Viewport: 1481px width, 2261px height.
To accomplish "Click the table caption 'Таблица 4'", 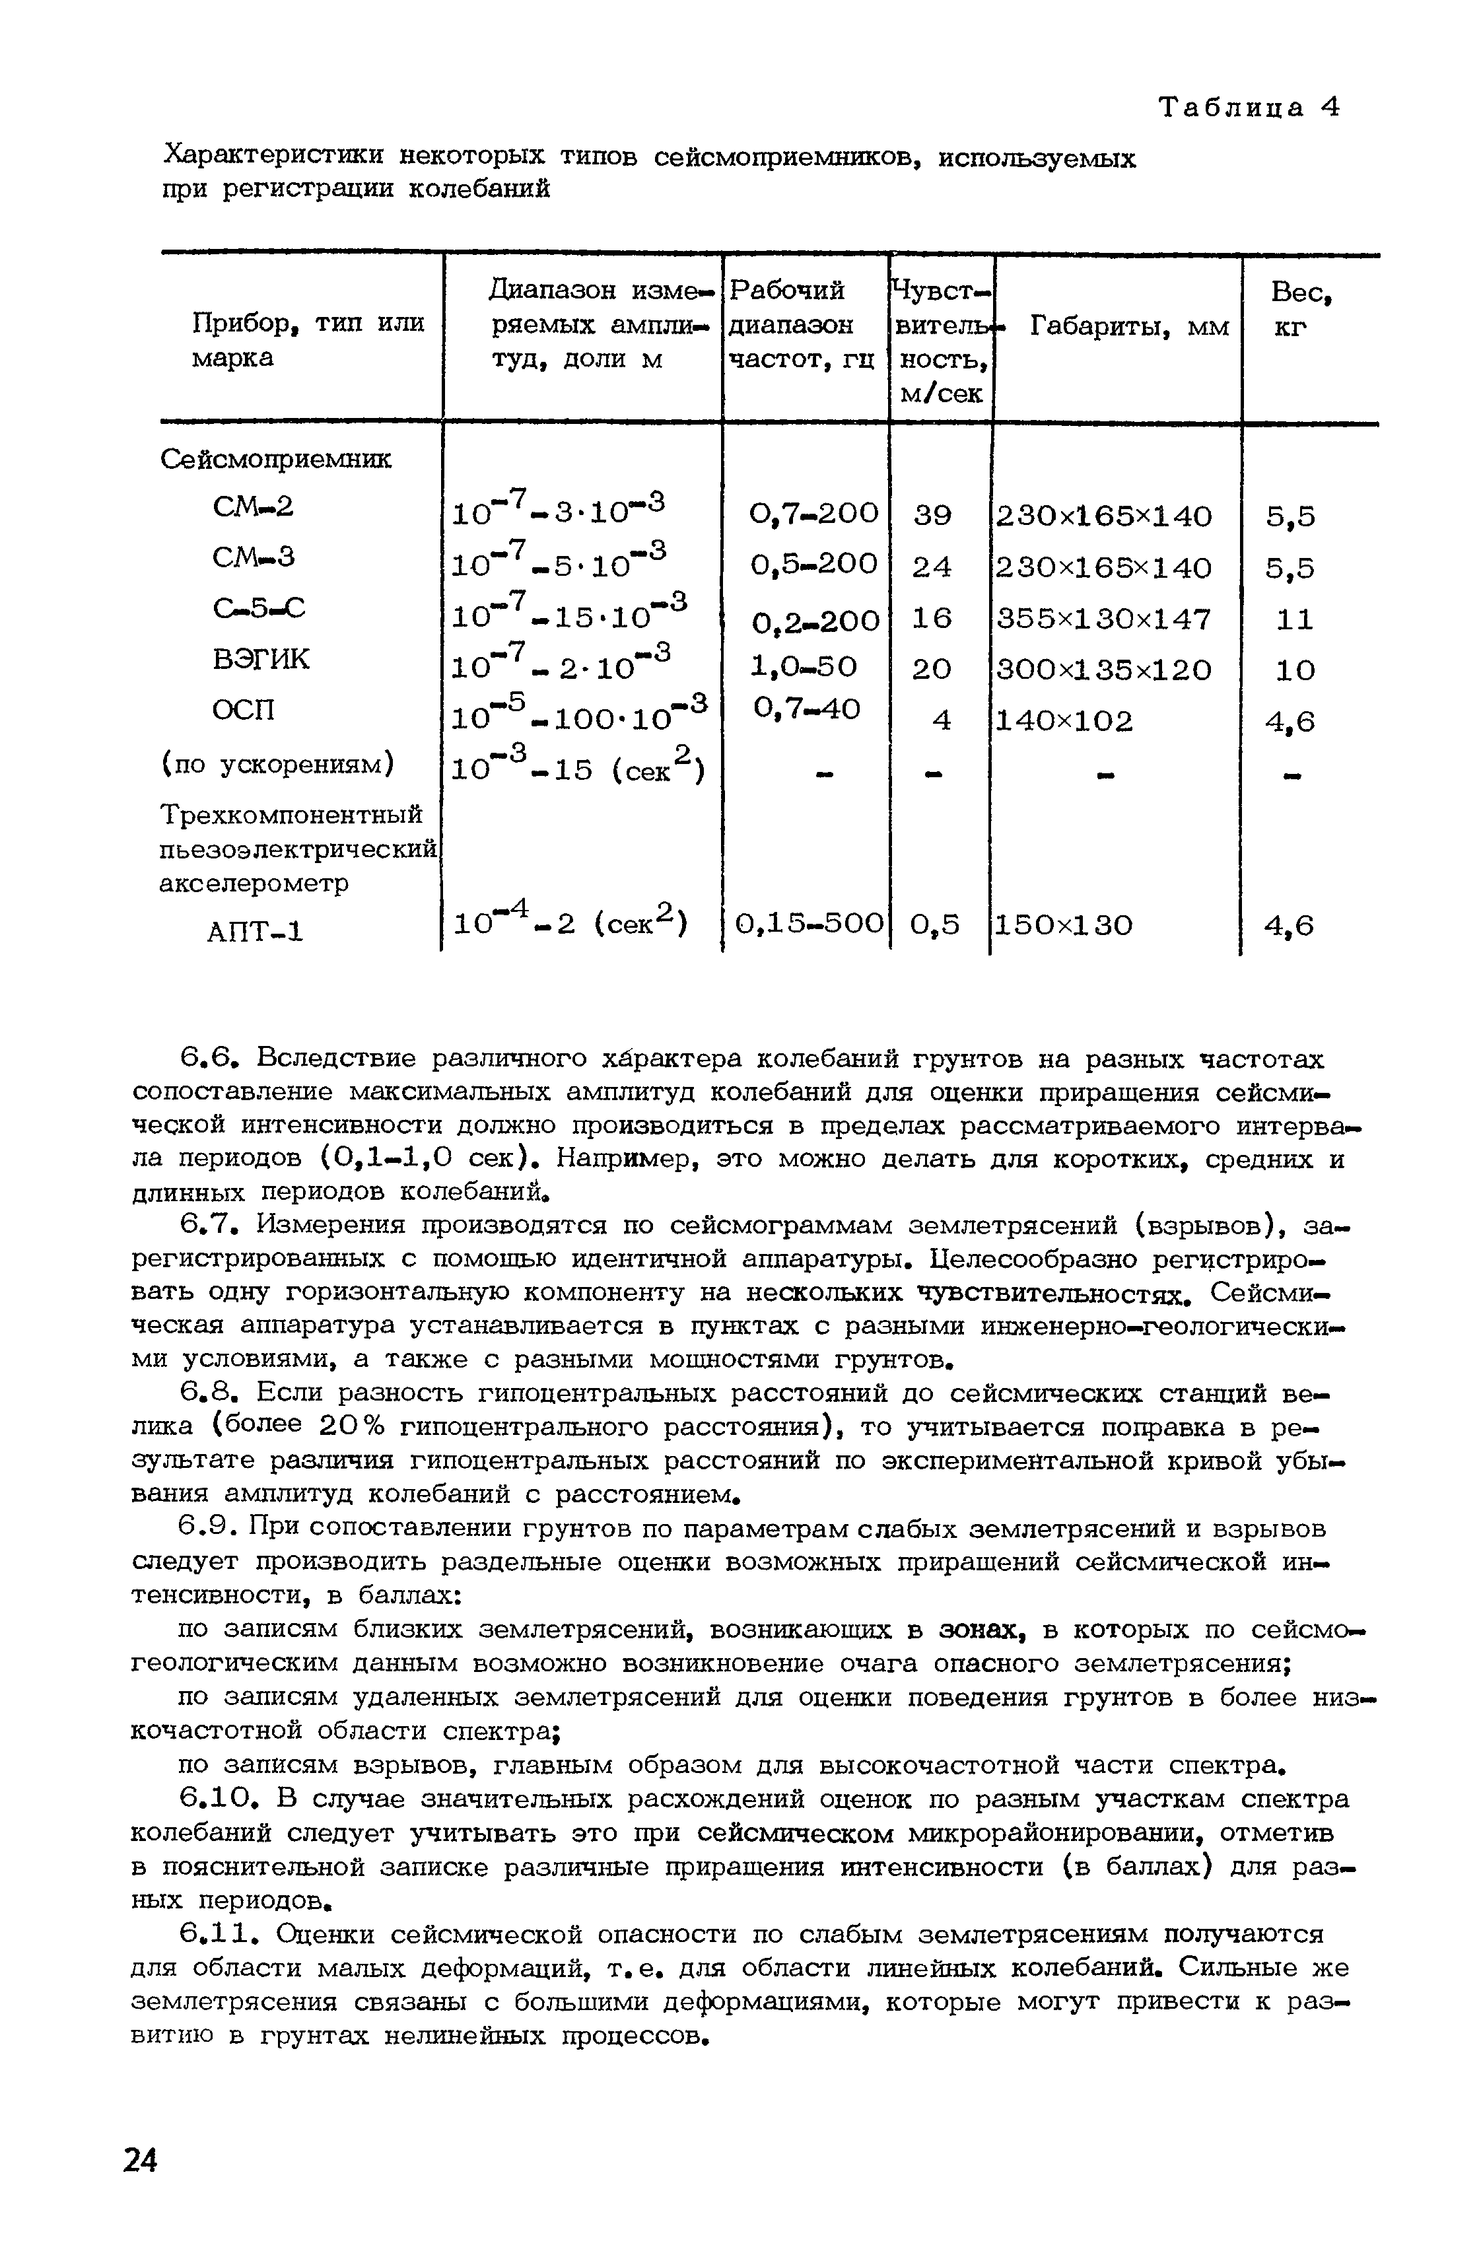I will tap(1247, 108).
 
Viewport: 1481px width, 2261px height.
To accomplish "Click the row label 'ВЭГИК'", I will tap(261, 658).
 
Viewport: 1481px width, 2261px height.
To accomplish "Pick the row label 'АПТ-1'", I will tap(255, 932).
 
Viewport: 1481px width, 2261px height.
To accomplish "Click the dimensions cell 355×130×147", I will tap(1103, 619).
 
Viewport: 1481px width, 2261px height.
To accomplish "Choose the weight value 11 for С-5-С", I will tap(1294, 619).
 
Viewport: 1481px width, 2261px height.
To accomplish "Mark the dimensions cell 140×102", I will tap(1064, 721).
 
